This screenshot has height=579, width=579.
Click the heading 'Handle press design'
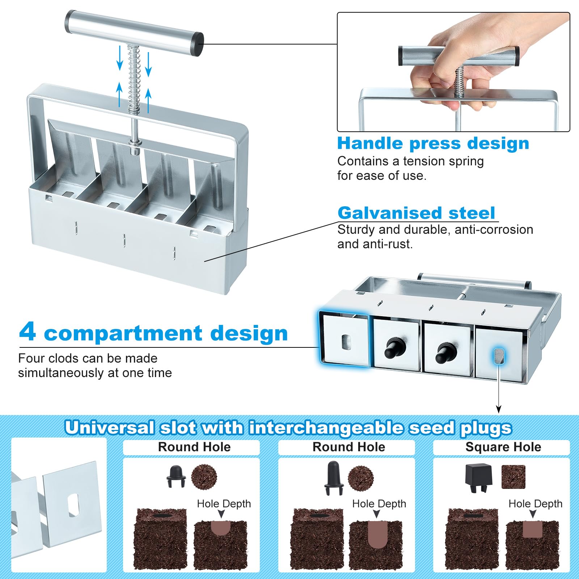tap(433, 143)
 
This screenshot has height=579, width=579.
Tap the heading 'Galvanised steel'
tap(416, 213)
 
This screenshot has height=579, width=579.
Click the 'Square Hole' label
tap(503, 447)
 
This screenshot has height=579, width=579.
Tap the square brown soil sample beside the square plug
tap(513, 477)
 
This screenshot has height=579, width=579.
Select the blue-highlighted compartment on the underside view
tap(344, 339)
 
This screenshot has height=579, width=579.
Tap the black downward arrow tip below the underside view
tap(499, 410)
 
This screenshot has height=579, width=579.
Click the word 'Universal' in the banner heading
tap(110, 428)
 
